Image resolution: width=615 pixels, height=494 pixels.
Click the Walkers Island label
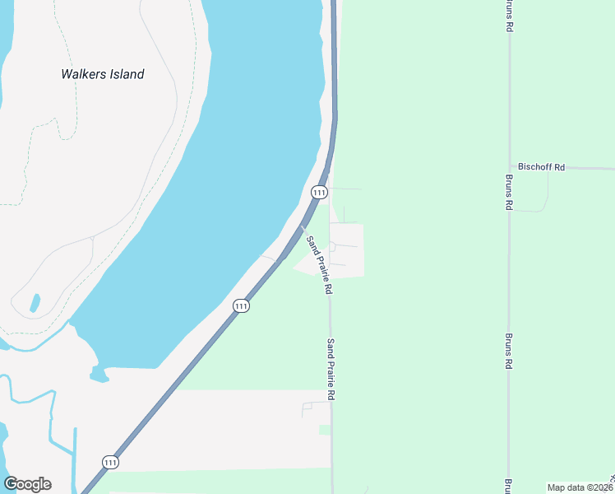click(103, 74)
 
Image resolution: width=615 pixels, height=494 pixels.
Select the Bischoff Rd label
click(541, 167)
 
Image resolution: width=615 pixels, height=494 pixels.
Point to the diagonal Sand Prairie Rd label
click(319, 265)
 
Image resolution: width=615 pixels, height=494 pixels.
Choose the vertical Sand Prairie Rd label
click(331, 370)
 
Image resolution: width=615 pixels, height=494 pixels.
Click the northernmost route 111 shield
click(320, 192)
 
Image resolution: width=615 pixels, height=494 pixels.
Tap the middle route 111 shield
click(240, 305)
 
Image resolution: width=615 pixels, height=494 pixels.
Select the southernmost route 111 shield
click(111, 462)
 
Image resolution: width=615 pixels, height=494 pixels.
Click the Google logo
click(27, 484)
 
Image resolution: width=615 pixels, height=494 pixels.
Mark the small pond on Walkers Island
click(35, 303)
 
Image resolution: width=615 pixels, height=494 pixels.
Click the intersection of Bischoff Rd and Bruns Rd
click(510, 167)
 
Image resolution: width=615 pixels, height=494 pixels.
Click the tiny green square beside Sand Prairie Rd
click(325, 430)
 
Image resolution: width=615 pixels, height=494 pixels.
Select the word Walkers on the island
click(82, 74)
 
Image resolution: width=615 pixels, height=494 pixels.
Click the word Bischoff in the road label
click(535, 167)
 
